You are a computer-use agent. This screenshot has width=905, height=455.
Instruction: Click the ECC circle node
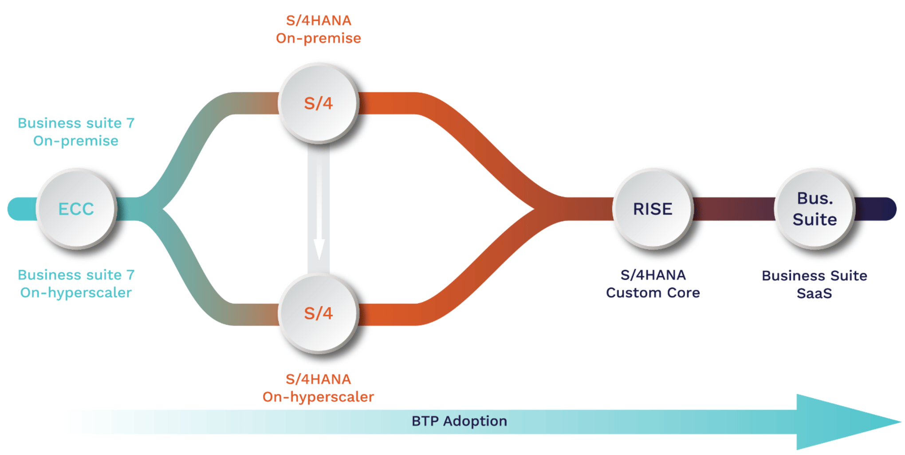[76, 208]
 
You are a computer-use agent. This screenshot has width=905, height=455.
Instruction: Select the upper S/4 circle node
[318, 103]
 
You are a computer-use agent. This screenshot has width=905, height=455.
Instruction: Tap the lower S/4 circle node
[318, 313]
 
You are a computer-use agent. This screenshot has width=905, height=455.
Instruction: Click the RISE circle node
[653, 208]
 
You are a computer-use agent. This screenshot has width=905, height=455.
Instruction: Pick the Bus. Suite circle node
[814, 208]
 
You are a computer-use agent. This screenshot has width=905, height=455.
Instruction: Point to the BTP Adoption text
[459, 421]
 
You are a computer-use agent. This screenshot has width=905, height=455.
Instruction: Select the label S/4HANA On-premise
[318, 29]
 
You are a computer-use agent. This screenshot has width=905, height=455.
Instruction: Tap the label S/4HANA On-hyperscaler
[318, 388]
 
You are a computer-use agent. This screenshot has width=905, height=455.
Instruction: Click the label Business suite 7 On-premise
[76, 132]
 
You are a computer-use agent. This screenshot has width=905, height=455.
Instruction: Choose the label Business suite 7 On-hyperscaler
[76, 284]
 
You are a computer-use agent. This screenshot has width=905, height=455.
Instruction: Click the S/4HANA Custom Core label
[653, 284]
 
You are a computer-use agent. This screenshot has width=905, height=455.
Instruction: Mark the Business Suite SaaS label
[814, 284]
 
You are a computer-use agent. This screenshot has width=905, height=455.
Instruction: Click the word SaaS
[814, 294]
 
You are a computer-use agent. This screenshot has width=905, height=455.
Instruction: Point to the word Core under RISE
[684, 293]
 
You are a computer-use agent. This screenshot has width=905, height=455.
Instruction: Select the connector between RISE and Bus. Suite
[734, 209]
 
